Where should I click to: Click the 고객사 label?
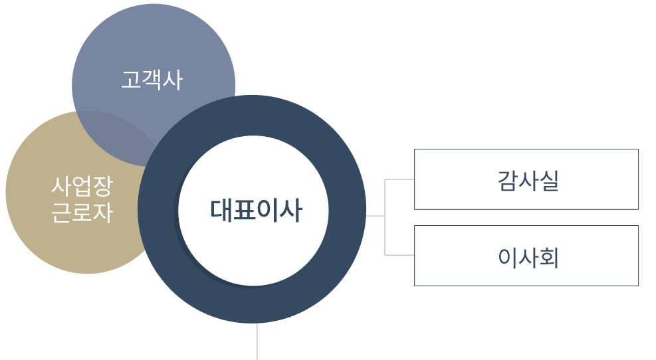[152, 80]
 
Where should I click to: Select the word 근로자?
[82, 213]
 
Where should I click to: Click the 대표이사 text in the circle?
[256, 211]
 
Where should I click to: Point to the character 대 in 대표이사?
[221, 211]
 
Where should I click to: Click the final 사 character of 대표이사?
[291, 211]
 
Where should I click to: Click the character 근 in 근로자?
[62, 213]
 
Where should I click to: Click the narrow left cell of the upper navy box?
[451, 179]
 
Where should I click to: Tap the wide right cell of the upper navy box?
[564, 179]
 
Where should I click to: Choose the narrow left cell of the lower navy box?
[451, 255]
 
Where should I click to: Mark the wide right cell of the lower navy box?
[564, 255]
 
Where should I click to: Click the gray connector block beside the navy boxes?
[391, 217]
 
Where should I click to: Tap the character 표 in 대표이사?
[245, 211]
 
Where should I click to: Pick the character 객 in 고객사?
[152, 80]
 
